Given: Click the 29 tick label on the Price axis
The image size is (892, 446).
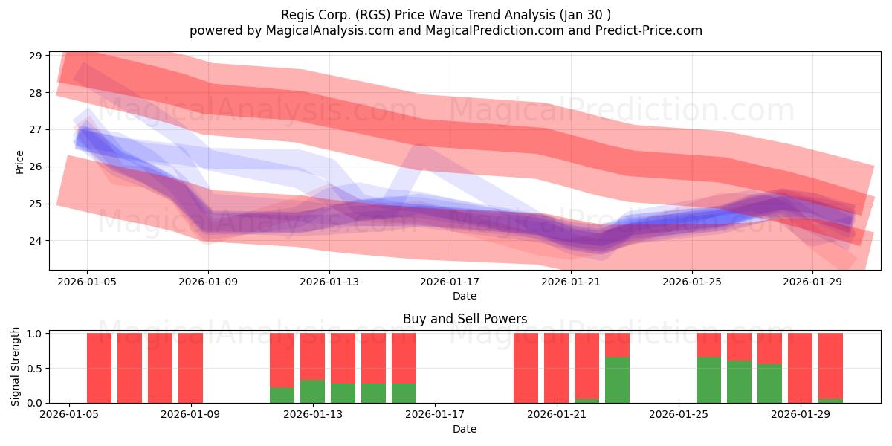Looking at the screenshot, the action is (x=35, y=56).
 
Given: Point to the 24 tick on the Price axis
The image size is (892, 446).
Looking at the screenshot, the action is (x=35, y=241).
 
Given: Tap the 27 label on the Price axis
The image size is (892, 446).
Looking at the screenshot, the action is (x=35, y=130).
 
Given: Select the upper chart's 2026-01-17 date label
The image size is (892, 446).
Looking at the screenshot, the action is (x=450, y=282).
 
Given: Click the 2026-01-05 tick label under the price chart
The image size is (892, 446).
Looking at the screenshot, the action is (x=87, y=282).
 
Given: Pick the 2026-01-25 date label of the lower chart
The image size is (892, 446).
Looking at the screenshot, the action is (x=679, y=415).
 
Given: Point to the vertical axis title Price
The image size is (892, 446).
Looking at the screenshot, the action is (x=19, y=162).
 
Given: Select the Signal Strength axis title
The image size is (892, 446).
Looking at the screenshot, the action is (x=15, y=366).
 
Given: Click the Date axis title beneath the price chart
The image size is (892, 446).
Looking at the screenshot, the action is (x=465, y=296).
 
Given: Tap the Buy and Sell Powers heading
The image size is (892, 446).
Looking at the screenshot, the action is (x=465, y=319).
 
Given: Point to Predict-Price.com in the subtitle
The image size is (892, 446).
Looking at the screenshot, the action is (x=649, y=30).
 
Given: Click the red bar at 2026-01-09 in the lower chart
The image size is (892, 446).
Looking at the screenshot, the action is (x=191, y=368).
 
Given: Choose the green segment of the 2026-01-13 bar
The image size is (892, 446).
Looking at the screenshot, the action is (x=313, y=392).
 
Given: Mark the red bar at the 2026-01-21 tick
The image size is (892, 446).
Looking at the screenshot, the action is (x=556, y=368).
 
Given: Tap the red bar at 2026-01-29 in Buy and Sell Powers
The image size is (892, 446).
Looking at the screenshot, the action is (x=800, y=368).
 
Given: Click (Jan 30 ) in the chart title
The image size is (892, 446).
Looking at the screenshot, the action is (x=585, y=15).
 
